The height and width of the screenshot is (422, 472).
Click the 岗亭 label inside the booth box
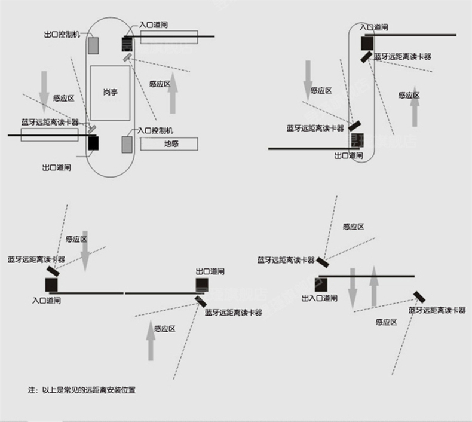tap(110, 93)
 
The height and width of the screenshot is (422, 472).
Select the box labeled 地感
tap(171, 143)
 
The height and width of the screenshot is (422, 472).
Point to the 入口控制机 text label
tap(155, 130)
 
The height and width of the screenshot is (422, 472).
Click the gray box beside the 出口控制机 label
tap(94, 45)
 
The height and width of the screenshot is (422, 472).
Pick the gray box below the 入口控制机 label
tap(127, 145)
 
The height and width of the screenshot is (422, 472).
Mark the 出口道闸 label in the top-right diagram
tap(349, 155)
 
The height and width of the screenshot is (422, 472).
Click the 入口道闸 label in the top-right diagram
tap(374, 27)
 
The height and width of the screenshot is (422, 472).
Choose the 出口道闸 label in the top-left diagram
tap(57, 168)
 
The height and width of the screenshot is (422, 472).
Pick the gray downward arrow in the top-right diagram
tap(307, 79)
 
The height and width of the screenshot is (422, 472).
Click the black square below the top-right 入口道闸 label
tap(367, 42)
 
